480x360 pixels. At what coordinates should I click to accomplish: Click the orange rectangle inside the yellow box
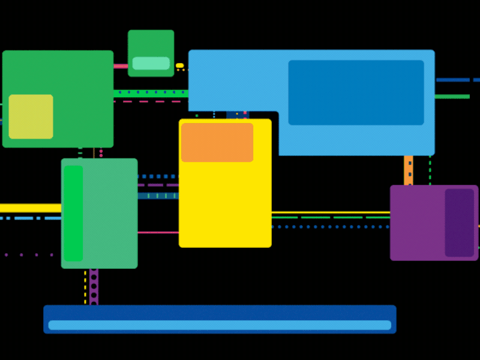coord(217,142)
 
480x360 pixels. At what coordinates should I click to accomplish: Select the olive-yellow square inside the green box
coord(31,116)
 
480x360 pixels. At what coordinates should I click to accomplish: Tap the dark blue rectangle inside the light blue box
coord(356,92)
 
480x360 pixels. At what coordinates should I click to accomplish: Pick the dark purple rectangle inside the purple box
coord(460,223)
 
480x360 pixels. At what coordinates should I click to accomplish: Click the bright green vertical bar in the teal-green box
coord(73,213)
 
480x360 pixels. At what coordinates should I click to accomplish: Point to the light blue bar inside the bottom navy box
coord(220,325)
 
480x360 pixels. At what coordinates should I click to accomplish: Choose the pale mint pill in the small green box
coord(151,63)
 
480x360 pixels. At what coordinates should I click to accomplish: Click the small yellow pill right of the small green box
coord(179,65)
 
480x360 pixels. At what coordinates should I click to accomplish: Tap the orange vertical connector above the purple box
coord(409,170)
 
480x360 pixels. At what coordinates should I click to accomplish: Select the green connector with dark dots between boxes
coord(151,93)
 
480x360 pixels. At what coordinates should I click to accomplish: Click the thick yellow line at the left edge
coord(30,208)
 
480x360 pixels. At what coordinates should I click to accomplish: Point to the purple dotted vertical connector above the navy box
coord(94,287)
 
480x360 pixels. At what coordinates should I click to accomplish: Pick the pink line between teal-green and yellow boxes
coord(158,232)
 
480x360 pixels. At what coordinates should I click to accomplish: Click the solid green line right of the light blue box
coord(452,97)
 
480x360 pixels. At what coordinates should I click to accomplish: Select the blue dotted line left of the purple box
coord(330,227)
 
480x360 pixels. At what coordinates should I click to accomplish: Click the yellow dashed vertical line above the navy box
coord(85,287)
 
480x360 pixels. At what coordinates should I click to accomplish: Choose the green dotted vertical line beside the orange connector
coord(430,170)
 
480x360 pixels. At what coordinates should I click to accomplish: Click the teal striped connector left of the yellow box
coord(158,196)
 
